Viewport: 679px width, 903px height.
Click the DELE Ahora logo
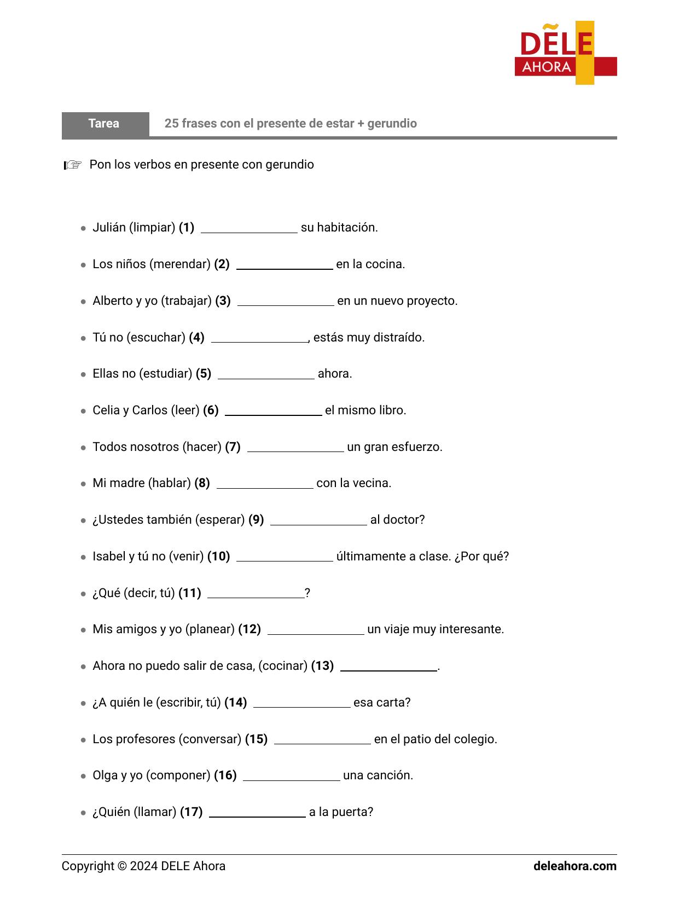click(x=565, y=53)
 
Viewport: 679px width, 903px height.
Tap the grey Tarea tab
click(x=105, y=124)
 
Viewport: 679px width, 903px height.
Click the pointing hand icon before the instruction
click(x=72, y=165)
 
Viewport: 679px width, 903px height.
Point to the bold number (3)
click(x=223, y=301)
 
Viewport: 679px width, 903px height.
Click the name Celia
click(x=106, y=410)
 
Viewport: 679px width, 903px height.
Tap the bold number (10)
click(x=218, y=557)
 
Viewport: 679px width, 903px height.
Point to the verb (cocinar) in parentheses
click(x=283, y=666)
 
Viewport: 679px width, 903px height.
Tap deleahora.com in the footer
click(x=574, y=866)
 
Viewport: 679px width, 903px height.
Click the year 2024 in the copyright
click(x=144, y=866)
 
